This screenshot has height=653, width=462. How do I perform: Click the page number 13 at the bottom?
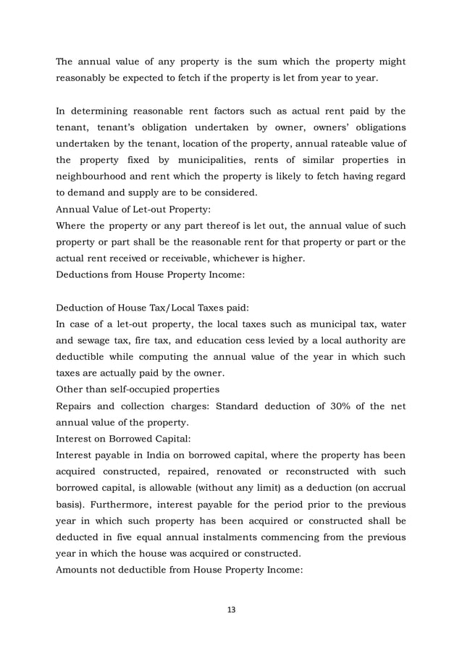point(231,609)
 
